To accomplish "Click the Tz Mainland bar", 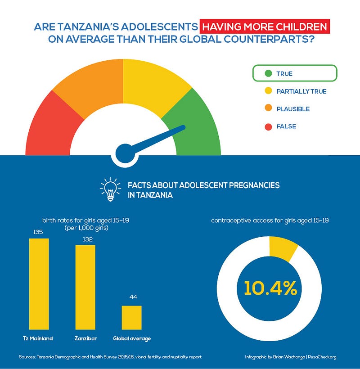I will (x=39, y=283).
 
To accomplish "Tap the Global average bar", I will (x=131, y=318).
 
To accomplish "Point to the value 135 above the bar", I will (x=39, y=232).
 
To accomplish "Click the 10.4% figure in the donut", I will (x=270, y=288).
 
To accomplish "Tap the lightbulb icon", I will (x=110, y=189).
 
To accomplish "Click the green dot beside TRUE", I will (x=269, y=73).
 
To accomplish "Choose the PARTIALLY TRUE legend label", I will (x=301, y=91).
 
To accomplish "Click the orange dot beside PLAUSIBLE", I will (x=269, y=109).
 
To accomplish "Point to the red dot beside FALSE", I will (x=269, y=127).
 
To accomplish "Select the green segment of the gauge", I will (x=196, y=126).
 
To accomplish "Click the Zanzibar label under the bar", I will (x=85, y=338).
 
